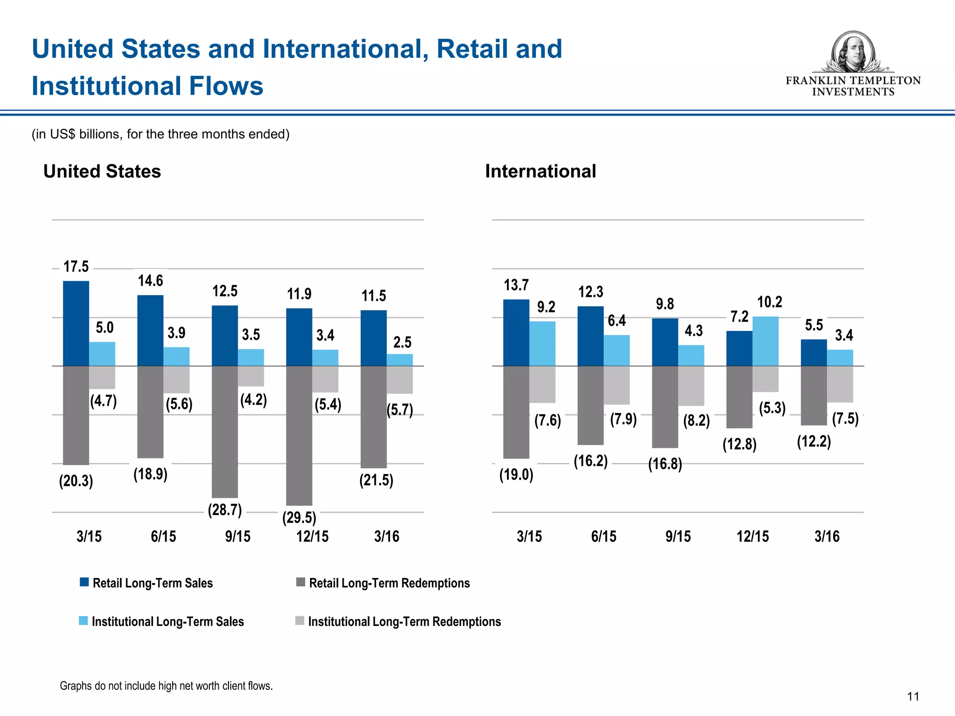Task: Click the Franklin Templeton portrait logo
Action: coord(853,51)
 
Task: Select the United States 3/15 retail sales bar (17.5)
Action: coord(76,323)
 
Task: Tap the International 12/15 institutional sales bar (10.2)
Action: coord(765,341)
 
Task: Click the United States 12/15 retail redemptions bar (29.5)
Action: coord(299,435)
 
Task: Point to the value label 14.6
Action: coord(150,281)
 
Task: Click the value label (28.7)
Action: coord(225,509)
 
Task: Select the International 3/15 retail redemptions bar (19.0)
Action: coord(516,412)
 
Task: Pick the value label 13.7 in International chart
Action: coord(516,285)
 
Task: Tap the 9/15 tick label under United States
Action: coord(238,536)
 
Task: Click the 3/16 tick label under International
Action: coord(827,536)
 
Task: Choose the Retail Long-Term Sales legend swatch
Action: coord(84,582)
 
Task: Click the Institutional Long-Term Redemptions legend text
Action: coord(404,621)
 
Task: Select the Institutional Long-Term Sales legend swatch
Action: coord(83,621)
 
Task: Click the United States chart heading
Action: coord(102,171)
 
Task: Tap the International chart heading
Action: coord(540,171)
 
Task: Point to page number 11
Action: coord(913,696)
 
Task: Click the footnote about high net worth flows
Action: coord(166,686)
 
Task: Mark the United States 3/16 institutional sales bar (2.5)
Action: coord(400,360)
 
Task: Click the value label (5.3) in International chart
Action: coord(772,408)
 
